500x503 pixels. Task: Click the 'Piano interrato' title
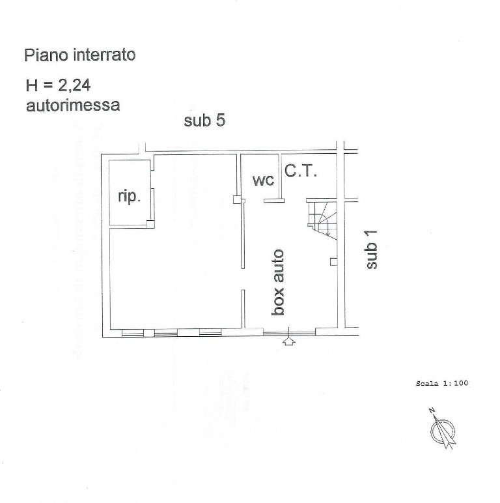coord(80,55)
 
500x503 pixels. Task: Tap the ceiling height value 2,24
coord(74,85)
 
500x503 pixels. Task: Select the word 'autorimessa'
coord(73,105)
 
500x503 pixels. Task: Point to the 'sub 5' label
coord(204,121)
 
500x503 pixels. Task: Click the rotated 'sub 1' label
coord(372,250)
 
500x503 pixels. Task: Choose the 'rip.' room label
coord(129,196)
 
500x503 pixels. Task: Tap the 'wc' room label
coord(263,180)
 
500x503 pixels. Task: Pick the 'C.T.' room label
coord(301,171)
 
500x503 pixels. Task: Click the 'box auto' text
coord(278,282)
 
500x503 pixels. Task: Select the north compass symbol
coord(443,429)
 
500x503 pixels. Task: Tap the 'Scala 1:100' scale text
coord(442,383)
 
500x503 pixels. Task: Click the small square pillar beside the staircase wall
coord(333,262)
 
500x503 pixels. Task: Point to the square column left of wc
coord(237,200)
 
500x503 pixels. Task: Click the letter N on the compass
coord(432,410)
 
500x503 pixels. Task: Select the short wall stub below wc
coord(274,201)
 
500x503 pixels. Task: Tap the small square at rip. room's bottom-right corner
coord(150,223)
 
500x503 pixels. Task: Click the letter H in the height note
coord(32,85)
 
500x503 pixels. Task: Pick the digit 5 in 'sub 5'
coord(221,121)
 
